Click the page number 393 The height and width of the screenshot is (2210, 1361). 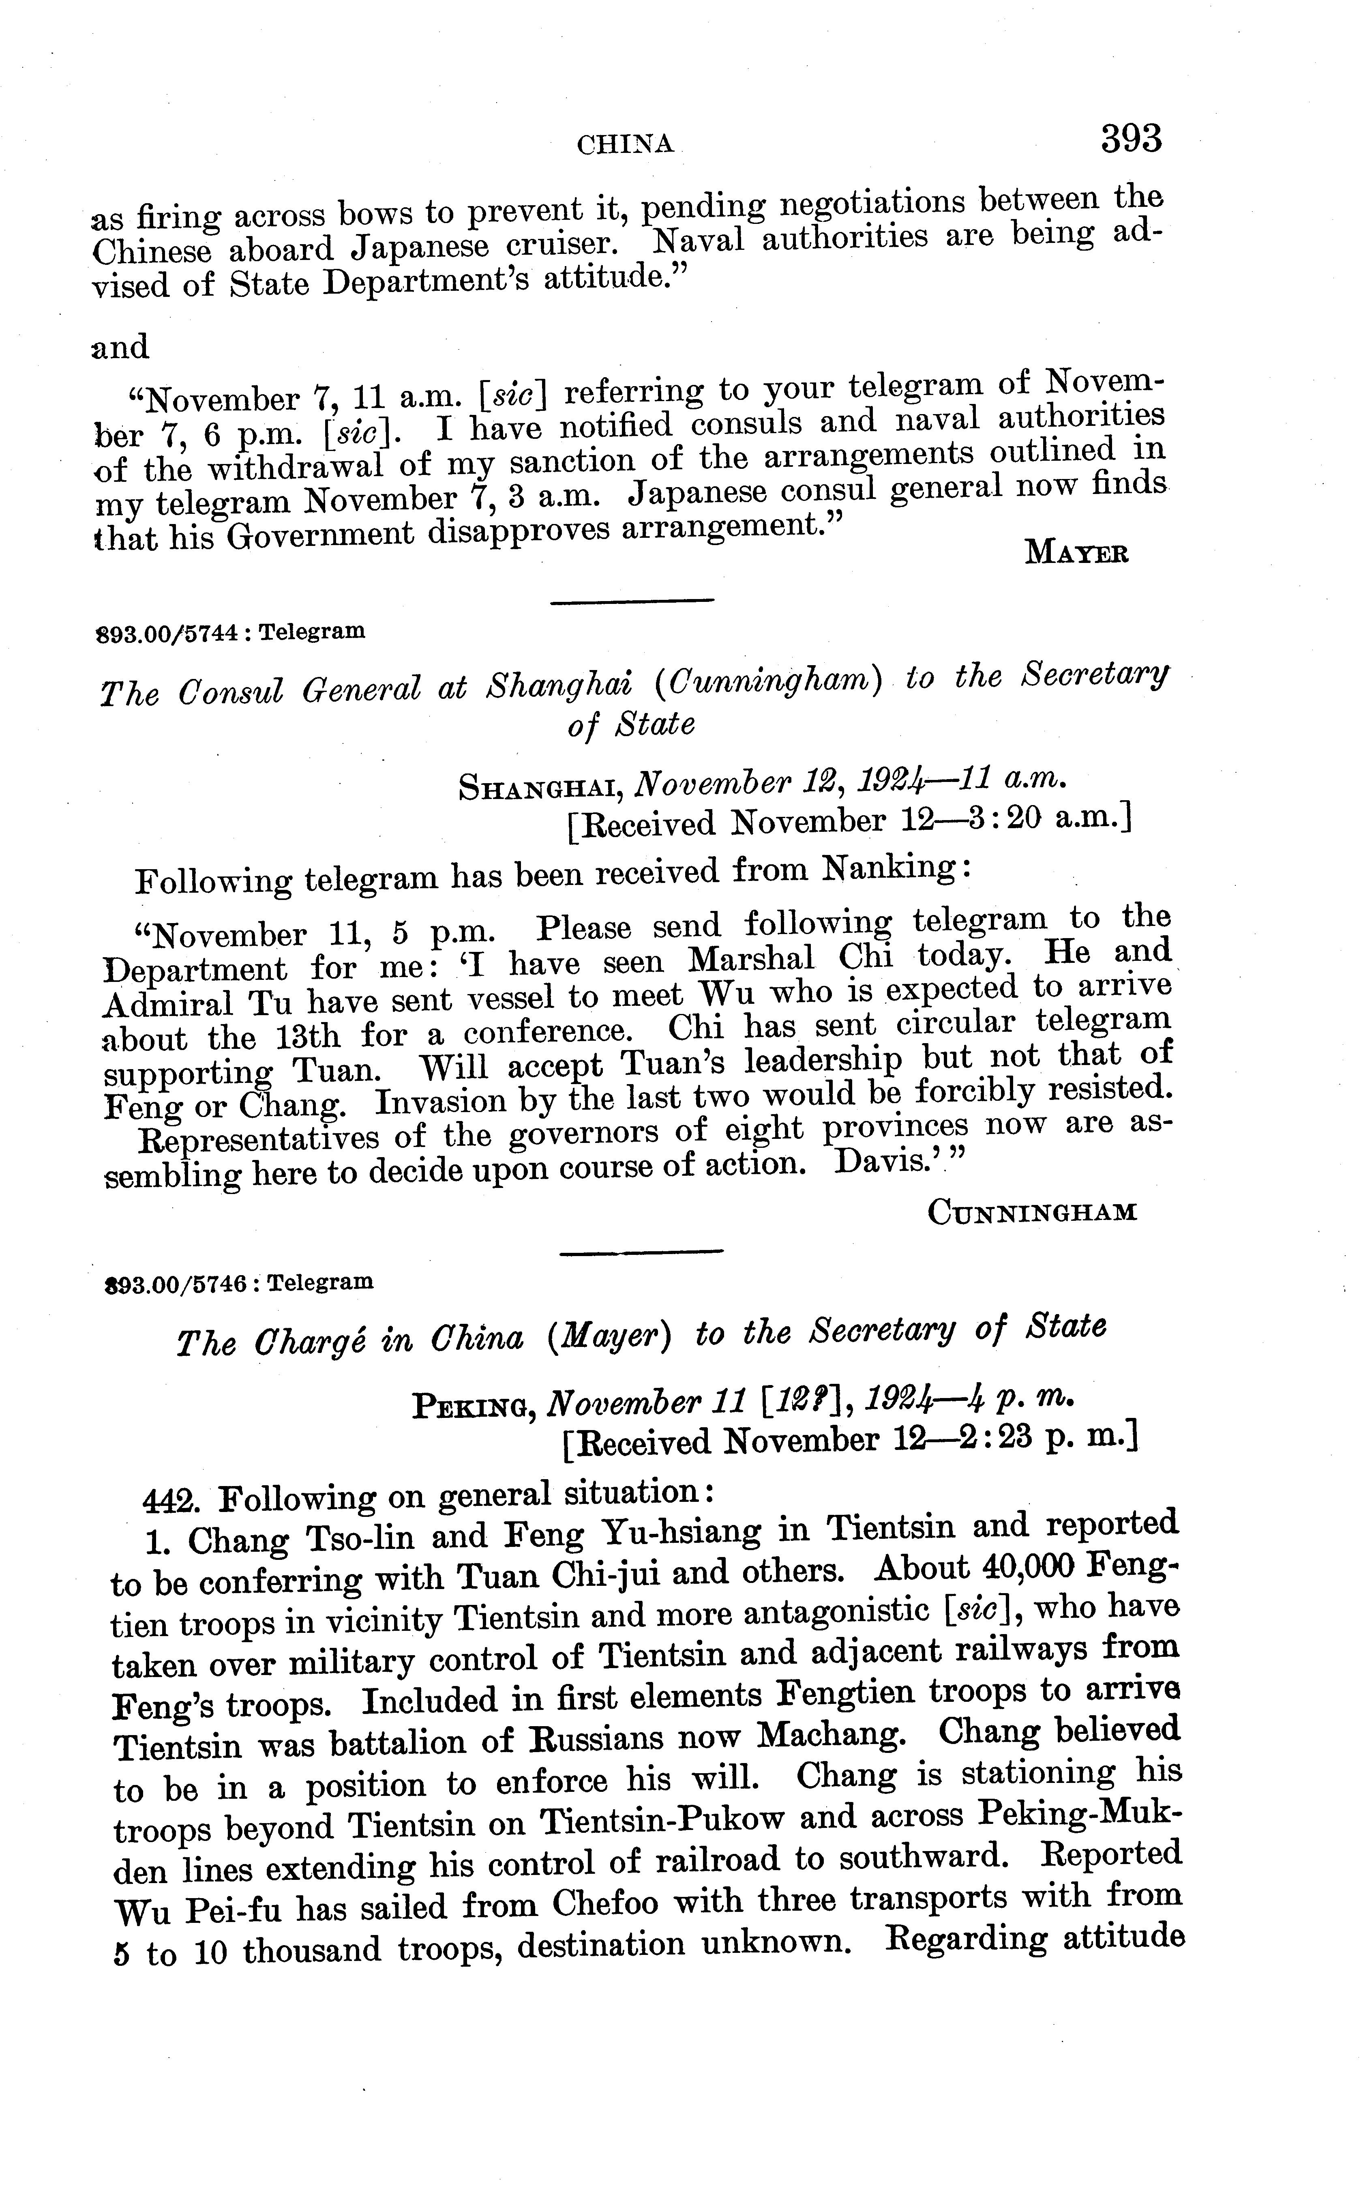[1131, 140]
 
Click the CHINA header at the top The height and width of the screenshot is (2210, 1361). [626, 144]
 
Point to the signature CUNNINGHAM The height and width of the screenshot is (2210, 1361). [1031, 1213]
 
